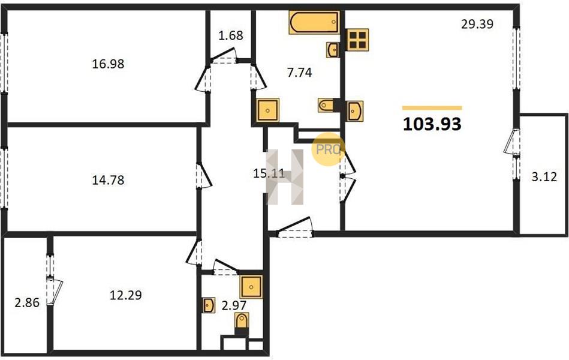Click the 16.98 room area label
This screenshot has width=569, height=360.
(x=108, y=64)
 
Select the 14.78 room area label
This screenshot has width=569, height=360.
(x=108, y=180)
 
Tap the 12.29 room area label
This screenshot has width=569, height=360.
(x=125, y=295)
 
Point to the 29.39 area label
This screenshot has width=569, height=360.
(x=477, y=24)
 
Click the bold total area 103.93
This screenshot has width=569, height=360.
(x=432, y=124)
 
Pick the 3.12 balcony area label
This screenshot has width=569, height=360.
(x=544, y=177)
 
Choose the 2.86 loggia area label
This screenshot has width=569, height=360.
(x=27, y=302)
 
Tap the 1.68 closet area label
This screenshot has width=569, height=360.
(x=231, y=35)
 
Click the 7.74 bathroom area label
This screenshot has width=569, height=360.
(x=299, y=73)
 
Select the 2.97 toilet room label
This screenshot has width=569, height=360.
(x=234, y=305)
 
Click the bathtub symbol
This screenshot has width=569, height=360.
(x=314, y=22)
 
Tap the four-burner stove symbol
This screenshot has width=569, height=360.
(x=357, y=40)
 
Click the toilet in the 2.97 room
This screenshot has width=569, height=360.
(x=242, y=322)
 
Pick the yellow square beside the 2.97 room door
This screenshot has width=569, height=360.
(x=251, y=287)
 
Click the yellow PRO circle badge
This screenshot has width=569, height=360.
(x=328, y=149)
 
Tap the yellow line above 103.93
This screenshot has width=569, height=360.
(x=432, y=108)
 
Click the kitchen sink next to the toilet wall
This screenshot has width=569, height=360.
(x=354, y=110)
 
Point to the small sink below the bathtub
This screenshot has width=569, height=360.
(x=333, y=50)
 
